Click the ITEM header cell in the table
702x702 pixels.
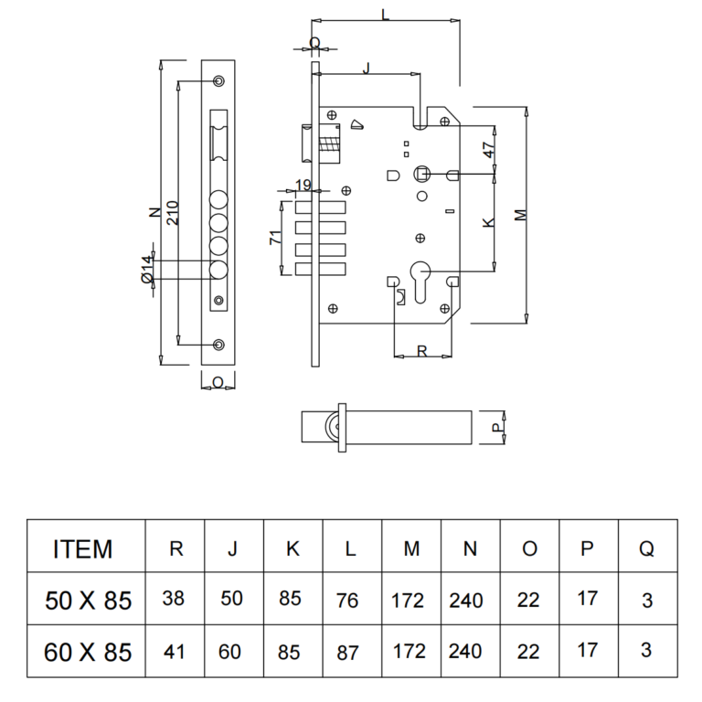83,549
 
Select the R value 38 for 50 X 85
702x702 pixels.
174,600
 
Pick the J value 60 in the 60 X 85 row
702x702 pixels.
233,652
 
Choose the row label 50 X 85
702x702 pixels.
89,601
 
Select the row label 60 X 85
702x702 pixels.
89,653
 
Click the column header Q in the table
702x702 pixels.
646,548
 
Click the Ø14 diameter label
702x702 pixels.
146,271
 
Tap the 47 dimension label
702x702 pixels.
489,151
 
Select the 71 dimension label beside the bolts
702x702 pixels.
274,239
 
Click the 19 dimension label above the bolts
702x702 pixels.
304,186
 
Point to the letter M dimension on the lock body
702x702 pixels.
519,217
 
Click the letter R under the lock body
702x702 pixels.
421,350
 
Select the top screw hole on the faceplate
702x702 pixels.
218,82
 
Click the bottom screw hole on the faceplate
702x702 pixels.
218,344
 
